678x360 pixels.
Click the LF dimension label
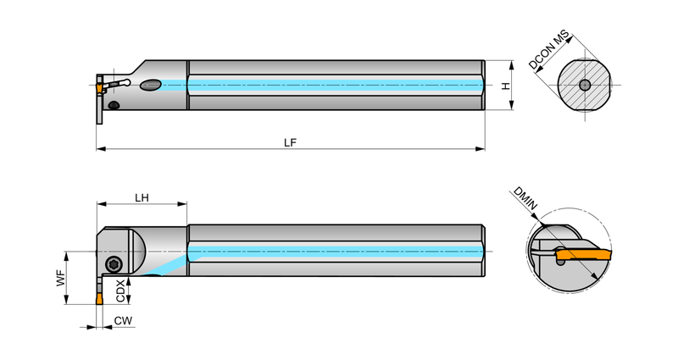pos(290,142)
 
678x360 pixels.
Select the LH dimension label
pos(142,198)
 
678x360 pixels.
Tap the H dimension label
pos(505,86)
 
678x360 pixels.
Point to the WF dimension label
pos(61,278)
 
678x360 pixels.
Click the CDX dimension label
pos(120,291)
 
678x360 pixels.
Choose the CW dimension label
pos(123,321)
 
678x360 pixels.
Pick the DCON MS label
pos(549,50)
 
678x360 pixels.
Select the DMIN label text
pos(525,199)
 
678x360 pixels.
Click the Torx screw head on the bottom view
pos(114,263)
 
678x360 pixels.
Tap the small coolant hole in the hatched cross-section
pos(585,86)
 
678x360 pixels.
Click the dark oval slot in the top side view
pos(151,85)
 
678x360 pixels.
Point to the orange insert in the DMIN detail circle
pos(584,254)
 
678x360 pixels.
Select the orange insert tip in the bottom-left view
pos(99,299)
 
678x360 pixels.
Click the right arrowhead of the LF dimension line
pos(480,149)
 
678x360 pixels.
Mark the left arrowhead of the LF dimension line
pos(101,149)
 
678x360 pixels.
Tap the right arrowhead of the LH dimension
pos(182,204)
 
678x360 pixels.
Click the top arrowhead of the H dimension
pos(512,66)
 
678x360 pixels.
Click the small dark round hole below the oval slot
pos(114,105)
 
